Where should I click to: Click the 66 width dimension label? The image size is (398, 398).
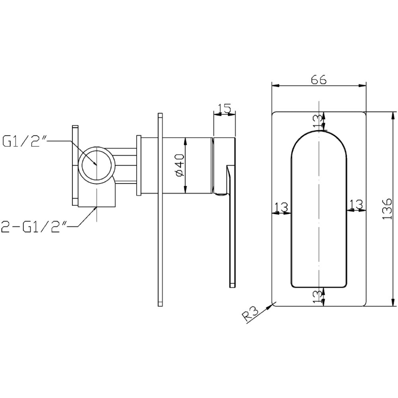pyautogui.click(x=318, y=80)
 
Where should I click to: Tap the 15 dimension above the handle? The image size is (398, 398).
pyautogui.click(x=224, y=108)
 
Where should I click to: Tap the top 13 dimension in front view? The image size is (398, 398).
pyautogui.click(x=318, y=121)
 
